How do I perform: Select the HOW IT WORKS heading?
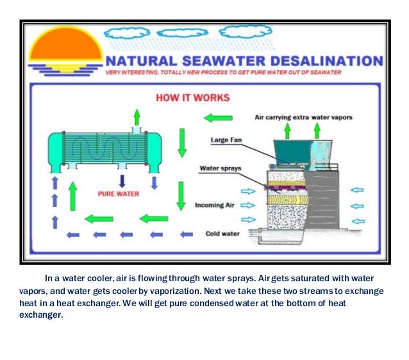[192, 99]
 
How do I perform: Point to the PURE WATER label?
[118, 192]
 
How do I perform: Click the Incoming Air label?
[217, 206]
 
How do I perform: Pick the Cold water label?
[222, 234]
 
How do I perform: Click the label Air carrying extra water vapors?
[303, 118]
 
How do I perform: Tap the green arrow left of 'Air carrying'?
[217, 118]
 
